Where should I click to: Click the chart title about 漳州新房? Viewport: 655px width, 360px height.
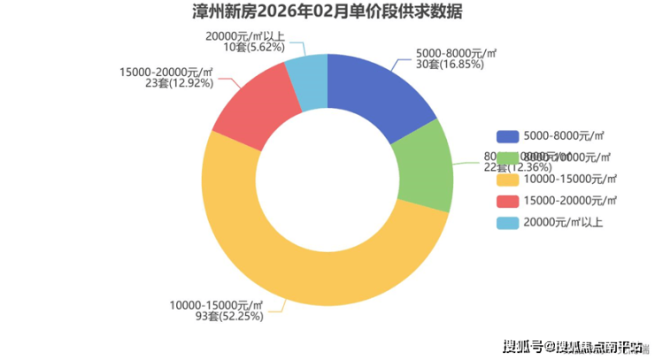pos(327,12)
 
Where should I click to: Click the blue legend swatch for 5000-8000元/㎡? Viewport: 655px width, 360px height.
pos(507,136)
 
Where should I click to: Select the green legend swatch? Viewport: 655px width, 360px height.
pos(507,157)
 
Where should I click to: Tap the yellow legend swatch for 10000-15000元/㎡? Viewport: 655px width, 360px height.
pos(507,180)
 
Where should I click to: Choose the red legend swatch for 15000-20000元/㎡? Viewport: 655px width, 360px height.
pos(507,201)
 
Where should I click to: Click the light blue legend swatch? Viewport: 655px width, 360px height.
pos(507,223)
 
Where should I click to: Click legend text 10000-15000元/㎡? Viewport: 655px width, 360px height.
pos(570,180)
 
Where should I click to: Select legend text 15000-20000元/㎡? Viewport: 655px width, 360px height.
pos(570,201)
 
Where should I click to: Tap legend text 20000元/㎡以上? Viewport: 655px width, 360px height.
pos(563,223)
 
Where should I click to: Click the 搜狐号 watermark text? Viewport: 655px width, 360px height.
pos(521,346)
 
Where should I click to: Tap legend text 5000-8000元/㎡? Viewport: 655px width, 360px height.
pos(563,136)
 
